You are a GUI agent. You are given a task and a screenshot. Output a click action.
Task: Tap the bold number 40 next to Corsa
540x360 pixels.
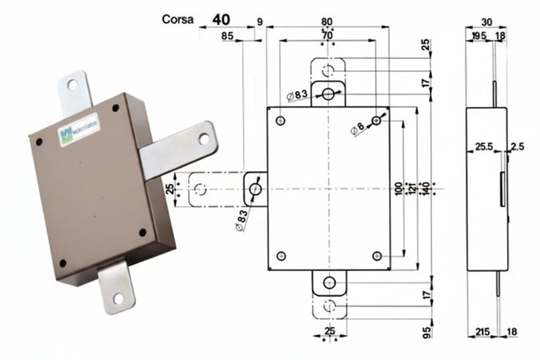[x=224, y=15]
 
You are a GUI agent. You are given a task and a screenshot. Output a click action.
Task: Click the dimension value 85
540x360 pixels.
[x=228, y=35]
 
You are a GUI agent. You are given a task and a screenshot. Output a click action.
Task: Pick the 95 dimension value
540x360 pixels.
[x=426, y=330]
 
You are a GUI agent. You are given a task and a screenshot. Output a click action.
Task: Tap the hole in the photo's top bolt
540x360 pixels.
[x=73, y=84]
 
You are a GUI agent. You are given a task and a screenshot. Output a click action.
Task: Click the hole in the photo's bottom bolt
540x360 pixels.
[x=118, y=298]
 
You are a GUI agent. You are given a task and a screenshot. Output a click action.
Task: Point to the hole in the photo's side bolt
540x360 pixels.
[x=203, y=138]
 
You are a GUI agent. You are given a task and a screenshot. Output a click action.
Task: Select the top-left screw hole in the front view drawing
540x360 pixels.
[x=280, y=121]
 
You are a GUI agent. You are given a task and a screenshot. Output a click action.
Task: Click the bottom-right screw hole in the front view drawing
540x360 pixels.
[x=377, y=255]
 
